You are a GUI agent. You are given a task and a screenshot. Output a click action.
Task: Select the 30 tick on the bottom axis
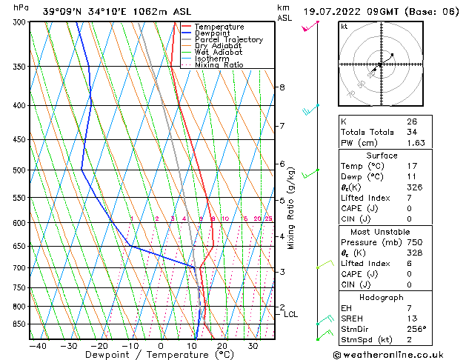point(253,345)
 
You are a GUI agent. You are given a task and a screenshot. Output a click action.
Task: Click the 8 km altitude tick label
point(282,87)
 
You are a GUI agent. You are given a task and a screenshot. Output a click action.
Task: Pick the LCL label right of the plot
point(290,315)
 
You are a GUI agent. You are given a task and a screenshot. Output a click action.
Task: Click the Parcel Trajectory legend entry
point(228,40)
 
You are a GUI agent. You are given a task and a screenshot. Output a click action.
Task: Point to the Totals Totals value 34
point(411,132)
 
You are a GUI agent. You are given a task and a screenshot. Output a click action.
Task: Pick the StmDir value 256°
point(416,329)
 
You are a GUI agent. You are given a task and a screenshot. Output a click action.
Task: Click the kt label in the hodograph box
point(344,27)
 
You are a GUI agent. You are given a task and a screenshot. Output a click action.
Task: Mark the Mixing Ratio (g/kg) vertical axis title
point(291,208)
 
